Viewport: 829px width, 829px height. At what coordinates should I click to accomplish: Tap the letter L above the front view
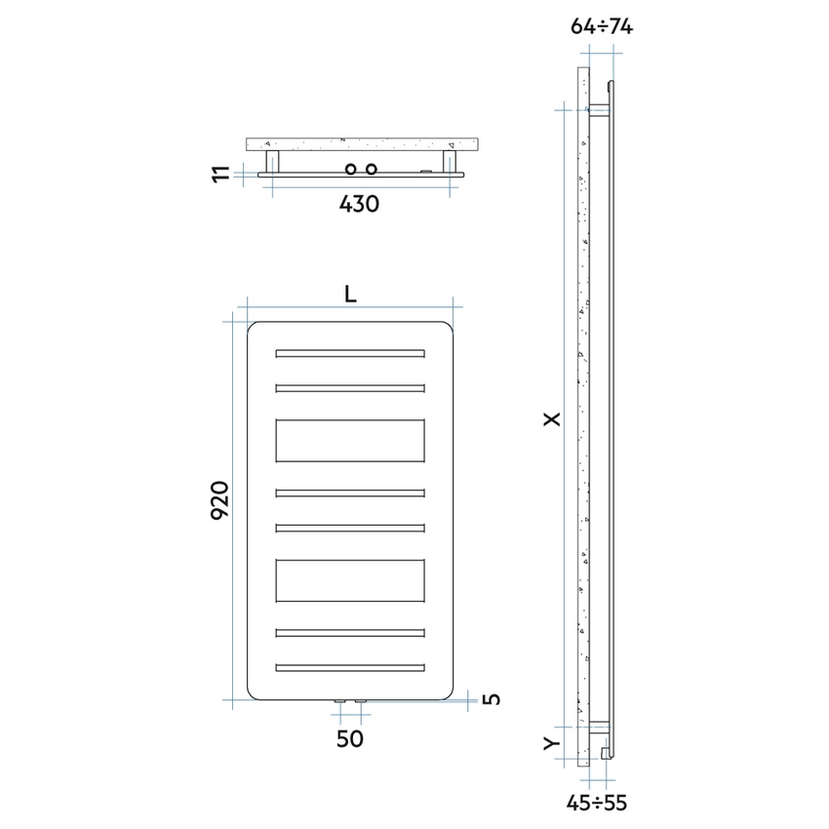pyautogui.click(x=350, y=294)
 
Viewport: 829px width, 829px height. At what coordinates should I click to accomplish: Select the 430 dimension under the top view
pyautogui.click(x=358, y=204)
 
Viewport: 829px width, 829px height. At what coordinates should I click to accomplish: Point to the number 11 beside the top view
pyautogui.click(x=223, y=174)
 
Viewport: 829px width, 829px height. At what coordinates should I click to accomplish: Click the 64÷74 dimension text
pyautogui.click(x=602, y=27)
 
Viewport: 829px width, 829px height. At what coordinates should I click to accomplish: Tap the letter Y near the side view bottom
pyautogui.click(x=552, y=743)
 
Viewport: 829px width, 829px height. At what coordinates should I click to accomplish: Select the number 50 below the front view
pyautogui.click(x=350, y=739)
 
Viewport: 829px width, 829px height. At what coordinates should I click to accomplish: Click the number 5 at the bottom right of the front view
pyautogui.click(x=493, y=698)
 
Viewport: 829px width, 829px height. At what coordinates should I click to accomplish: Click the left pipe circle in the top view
pyautogui.click(x=350, y=170)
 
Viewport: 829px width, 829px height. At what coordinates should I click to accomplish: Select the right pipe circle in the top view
pyautogui.click(x=371, y=170)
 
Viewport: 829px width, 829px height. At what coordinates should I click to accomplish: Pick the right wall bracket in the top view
pyautogui.click(x=452, y=161)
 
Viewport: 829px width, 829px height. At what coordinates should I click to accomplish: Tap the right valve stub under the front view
pyautogui.click(x=361, y=700)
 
